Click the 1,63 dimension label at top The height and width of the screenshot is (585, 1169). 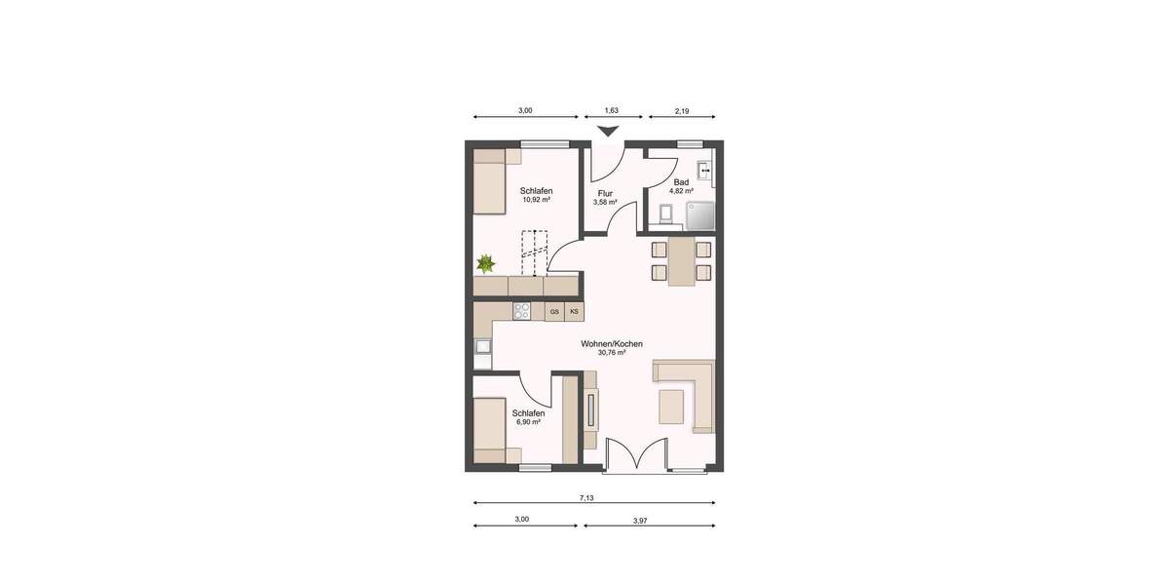pyautogui.click(x=611, y=111)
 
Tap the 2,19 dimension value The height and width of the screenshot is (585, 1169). pyautogui.click(x=682, y=111)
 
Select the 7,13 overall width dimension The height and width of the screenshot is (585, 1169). pyautogui.click(x=586, y=497)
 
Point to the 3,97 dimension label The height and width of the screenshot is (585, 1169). pyautogui.click(x=640, y=521)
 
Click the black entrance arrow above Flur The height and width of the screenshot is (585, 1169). pyautogui.click(x=608, y=133)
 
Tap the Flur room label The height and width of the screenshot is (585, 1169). pyautogui.click(x=605, y=193)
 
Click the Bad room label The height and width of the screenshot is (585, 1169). pyautogui.click(x=682, y=182)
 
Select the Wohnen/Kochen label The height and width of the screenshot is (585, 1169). pyautogui.click(x=611, y=343)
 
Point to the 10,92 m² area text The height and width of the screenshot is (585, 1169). pyautogui.click(x=537, y=199)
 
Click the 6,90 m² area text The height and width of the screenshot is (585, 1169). pyautogui.click(x=529, y=422)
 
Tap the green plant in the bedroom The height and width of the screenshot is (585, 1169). pyautogui.click(x=484, y=263)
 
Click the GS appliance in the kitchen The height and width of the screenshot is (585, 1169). pyautogui.click(x=554, y=312)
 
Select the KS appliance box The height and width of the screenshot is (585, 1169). pyautogui.click(x=574, y=312)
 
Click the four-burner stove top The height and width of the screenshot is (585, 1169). pyautogui.click(x=522, y=312)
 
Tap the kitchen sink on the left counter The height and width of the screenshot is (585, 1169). pyautogui.click(x=482, y=345)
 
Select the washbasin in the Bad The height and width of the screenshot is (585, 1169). pyautogui.click(x=707, y=169)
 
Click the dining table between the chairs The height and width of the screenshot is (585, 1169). pyautogui.click(x=681, y=261)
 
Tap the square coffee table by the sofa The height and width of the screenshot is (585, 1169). pyautogui.click(x=672, y=406)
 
